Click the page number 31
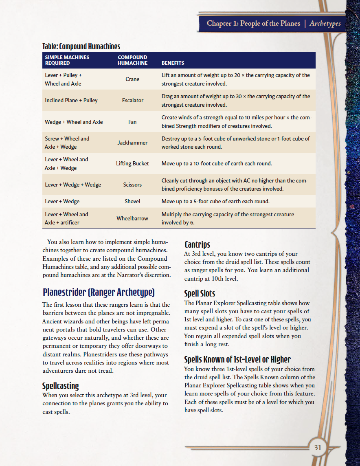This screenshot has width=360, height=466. click(318, 447)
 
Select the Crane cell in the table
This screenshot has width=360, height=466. click(132, 79)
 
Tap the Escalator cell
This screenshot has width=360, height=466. click(132, 101)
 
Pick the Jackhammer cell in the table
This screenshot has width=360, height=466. click(132, 143)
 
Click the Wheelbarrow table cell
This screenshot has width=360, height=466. click(132, 219)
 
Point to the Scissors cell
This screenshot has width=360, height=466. click(132, 185)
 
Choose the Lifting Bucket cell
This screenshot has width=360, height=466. click(132, 164)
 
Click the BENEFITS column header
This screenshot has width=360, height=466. click(173, 63)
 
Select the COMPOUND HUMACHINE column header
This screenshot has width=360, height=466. click(132, 60)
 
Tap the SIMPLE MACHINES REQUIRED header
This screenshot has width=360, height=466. click(67, 60)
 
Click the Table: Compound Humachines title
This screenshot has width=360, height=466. click(81, 46)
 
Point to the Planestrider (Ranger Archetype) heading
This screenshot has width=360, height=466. click(99, 292)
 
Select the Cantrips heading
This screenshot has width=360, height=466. click(198, 244)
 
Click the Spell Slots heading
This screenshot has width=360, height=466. click(200, 293)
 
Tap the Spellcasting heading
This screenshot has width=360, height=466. click(61, 386)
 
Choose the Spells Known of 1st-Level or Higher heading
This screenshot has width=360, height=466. click(237, 359)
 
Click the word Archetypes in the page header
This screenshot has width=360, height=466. click(325, 23)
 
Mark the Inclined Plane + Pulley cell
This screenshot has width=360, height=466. click(71, 101)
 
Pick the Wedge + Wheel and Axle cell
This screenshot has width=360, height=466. click(74, 122)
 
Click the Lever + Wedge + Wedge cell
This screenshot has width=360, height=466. click(73, 185)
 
